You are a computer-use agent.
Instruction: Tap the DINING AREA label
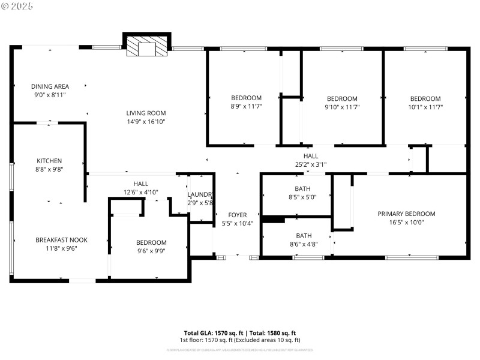tap(50, 86)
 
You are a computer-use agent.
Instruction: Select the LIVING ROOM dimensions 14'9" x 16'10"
tap(146, 121)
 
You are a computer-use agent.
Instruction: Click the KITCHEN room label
tap(49, 161)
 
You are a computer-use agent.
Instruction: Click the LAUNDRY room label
tap(200, 194)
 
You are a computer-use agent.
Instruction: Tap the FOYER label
tap(238, 215)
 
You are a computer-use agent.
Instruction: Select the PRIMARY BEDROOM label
tap(406, 214)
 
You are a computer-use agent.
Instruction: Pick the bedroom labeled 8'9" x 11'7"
tap(247, 106)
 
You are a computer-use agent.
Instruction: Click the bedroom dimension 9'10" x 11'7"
tap(342, 107)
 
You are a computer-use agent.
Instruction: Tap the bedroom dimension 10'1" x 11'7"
tap(425, 107)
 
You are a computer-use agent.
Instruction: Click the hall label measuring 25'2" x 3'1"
tap(310, 155)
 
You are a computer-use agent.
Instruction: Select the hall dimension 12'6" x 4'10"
tap(141, 192)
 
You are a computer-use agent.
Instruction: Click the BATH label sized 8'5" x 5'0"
tap(302, 188)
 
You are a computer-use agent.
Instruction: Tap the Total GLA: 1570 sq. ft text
tap(213, 333)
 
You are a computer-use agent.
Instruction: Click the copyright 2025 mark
tap(17, 5)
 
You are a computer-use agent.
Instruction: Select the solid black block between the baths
tap(273, 220)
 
